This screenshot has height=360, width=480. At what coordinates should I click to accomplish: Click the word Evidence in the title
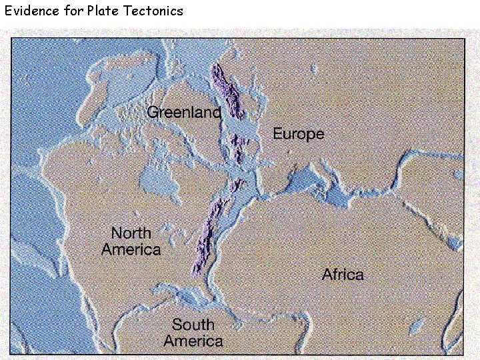point(31,11)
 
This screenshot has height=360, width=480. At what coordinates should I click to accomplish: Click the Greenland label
point(183,112)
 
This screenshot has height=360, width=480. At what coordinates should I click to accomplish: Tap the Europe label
point(298,134)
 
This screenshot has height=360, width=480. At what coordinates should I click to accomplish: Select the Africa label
point(343,274)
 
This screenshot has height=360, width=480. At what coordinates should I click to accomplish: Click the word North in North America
point(131,233)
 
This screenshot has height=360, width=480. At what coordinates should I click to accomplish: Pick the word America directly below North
point(131,250)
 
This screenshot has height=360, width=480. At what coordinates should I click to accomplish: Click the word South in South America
point(193,325)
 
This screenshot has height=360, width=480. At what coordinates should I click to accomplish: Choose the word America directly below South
point(193,341)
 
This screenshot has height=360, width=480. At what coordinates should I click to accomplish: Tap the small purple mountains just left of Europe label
point(239,148)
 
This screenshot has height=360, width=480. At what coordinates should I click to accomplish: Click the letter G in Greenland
point(153,112)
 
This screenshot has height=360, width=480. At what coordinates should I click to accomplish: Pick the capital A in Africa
point(327,274)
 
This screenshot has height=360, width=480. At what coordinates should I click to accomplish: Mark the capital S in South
point(177,325)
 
